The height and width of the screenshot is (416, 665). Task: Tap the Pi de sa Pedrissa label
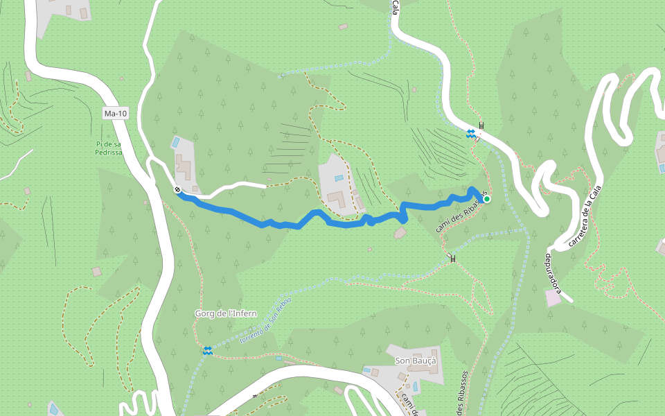[109, 148]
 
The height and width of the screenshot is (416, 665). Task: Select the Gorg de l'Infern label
[226, 313]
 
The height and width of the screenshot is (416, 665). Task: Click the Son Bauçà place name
[416, 361]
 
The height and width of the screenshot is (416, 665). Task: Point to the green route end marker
[487, 199]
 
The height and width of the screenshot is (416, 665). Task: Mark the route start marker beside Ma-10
[178, 189]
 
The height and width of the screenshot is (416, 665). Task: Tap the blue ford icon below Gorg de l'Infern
[207, 351]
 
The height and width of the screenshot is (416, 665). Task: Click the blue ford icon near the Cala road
[470, 133]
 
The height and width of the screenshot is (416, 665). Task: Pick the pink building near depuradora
[553, 298]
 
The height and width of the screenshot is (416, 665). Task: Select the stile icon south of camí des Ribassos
[453, 259]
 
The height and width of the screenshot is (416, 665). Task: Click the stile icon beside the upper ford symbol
[481, 125]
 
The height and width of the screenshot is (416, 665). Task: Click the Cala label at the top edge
[396, 7]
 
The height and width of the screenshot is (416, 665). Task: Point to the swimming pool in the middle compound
[339, 178]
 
